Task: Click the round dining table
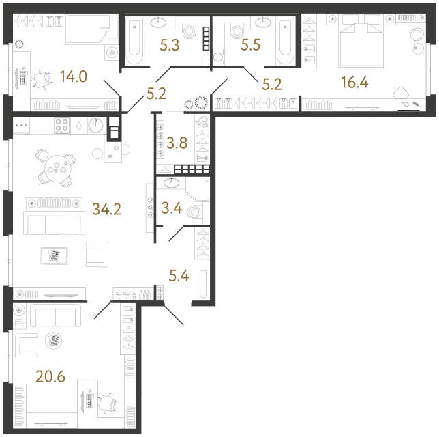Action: click(55, 167)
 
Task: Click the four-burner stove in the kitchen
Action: click(61, 126)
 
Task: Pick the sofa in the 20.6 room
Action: click(55, 316)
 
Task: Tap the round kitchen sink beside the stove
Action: click(97, 125)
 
